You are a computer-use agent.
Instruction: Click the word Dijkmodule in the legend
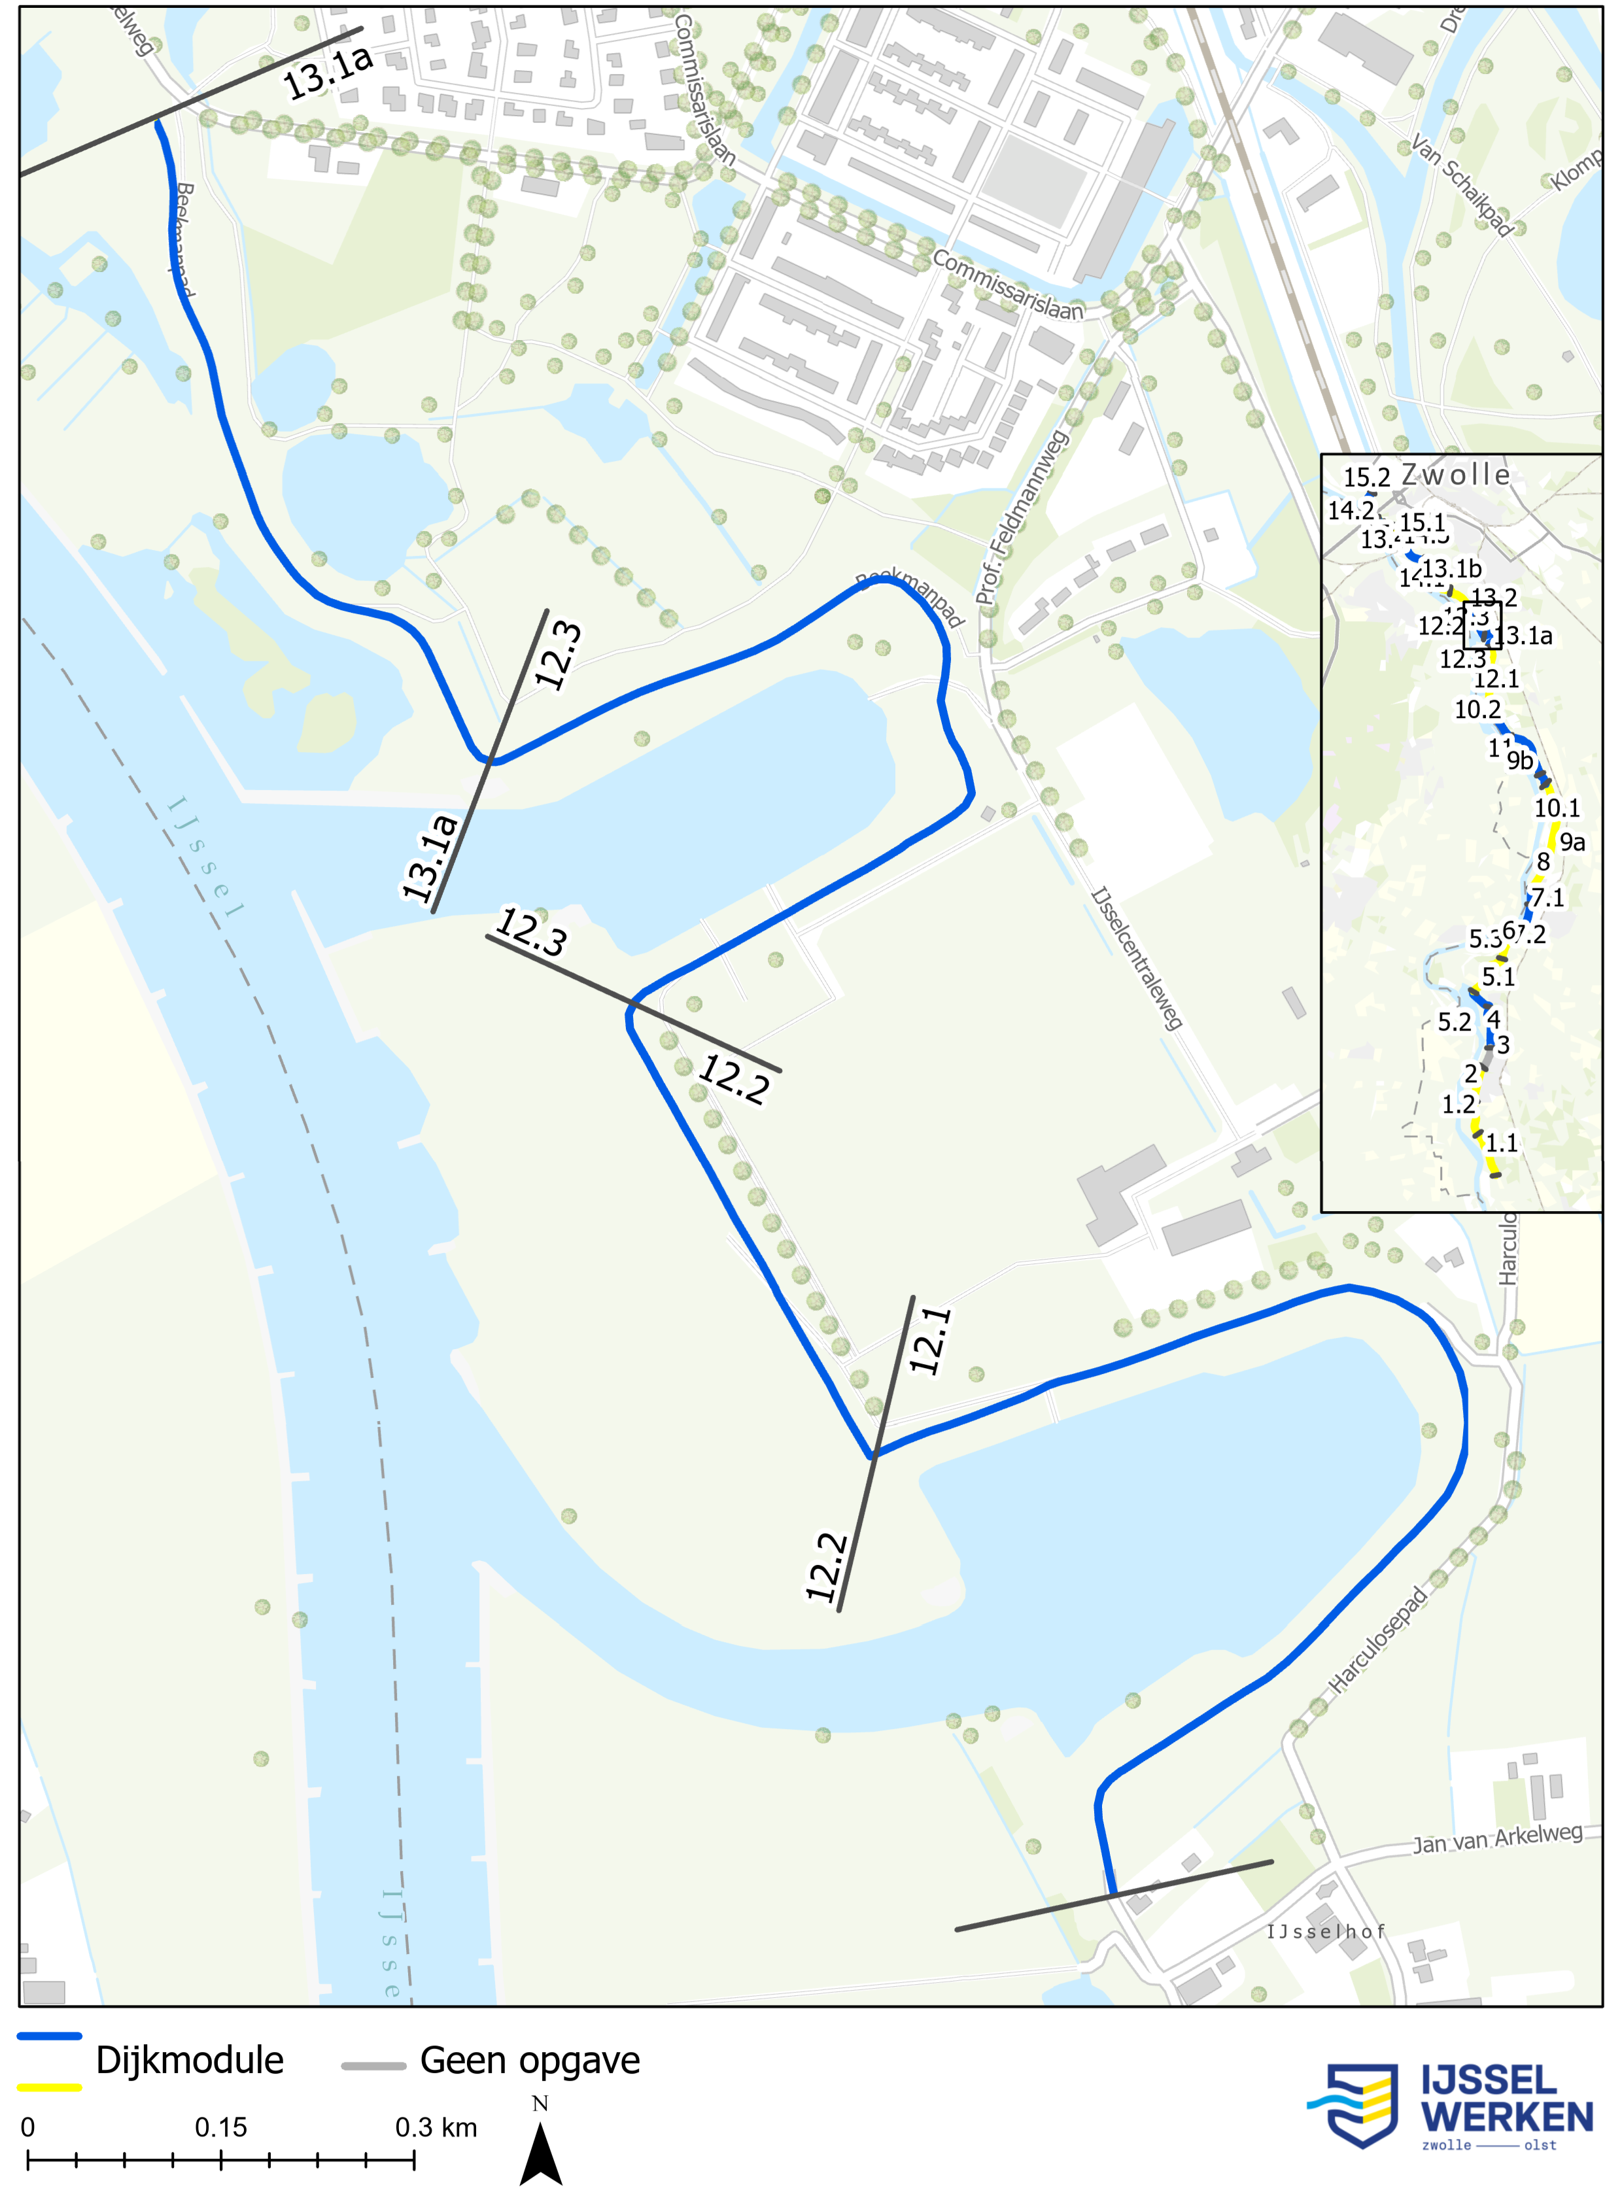[x=190, y=2061]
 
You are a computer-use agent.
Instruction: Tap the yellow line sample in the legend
[x=49, y=2087]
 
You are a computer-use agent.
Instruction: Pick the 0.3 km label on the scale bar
[x=436, y=2127]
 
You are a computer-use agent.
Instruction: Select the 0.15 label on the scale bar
[x=221, y=2127]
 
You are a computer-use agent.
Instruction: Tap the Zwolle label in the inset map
[x=1455, y=475]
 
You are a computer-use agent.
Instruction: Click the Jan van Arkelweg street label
[x=1497, y=1838]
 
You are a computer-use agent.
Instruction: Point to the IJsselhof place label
[x=1326, y=1932]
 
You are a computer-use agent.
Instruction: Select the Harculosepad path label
[x=1377, y=1640]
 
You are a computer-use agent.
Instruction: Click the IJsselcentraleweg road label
[x=1137, y=958]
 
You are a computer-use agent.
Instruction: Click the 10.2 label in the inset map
[x=1477, y=710]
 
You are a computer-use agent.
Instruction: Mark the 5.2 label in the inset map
[x=1454, y=1022]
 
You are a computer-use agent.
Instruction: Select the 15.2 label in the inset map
[x=1367, y=478]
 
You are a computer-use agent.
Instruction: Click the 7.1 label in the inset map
[x=1547, y=897]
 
